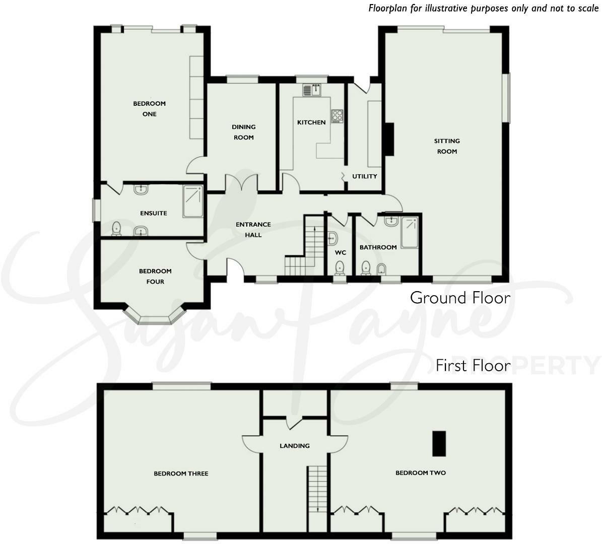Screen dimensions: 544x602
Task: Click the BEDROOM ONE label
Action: point(149,109)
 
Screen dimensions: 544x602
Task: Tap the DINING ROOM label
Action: point(243,132)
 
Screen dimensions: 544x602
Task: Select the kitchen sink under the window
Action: point(312,90)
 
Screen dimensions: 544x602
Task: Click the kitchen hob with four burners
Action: point(337,116)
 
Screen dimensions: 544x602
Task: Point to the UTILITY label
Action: point(364,176)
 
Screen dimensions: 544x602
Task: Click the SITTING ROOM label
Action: point(447,146)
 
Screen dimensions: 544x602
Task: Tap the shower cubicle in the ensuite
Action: point(192,201)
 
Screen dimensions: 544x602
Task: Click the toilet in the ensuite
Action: point(117,229)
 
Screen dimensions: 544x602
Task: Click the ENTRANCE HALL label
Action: point(253,230)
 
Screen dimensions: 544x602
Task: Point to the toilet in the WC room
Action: point(340,267)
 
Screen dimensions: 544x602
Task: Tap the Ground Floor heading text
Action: point(459,298)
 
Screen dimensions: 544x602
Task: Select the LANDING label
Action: point(295,446)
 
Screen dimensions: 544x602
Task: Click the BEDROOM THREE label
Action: point(181,473)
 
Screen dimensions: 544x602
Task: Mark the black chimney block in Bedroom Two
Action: point(439,444)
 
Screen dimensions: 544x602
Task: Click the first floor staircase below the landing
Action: point(317,489)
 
